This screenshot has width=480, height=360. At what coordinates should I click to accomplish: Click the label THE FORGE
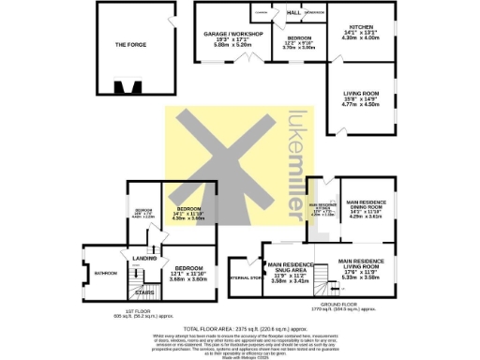click(130, 44)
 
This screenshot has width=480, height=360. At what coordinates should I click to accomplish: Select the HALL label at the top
click(293, 13)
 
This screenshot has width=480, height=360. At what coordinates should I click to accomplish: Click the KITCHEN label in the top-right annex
click(361, 27)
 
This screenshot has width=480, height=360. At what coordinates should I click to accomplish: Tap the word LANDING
click(144, 258)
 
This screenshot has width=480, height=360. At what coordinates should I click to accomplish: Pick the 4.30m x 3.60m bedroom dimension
click(188, 217)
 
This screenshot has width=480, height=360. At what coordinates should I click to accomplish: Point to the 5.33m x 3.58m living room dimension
click(361, 277)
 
